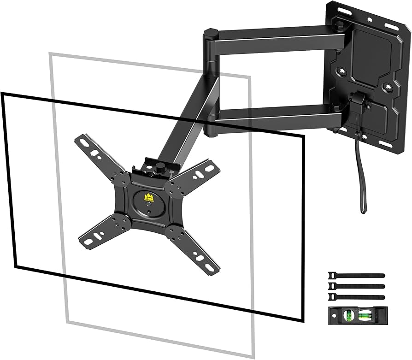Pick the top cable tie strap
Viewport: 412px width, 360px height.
click(356, 276)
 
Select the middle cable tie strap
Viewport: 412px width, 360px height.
click(356, 286)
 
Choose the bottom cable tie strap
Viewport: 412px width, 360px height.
click(356, 295)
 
